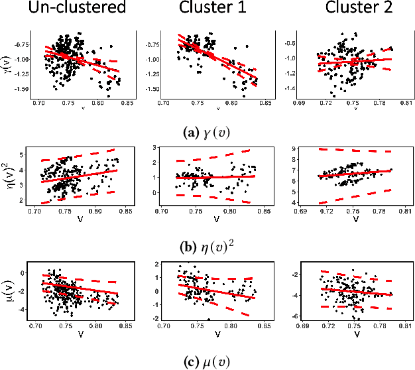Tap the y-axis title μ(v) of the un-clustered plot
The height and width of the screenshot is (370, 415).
point(9,288)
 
